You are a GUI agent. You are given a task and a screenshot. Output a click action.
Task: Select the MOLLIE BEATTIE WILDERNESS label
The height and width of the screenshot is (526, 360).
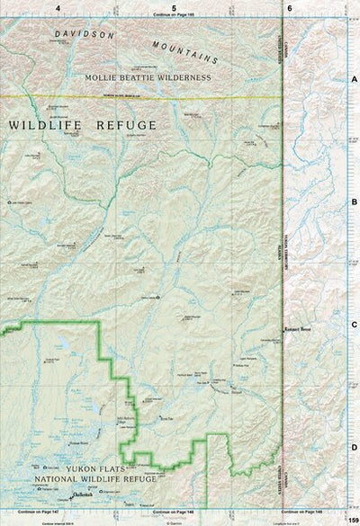[x=148, y=78]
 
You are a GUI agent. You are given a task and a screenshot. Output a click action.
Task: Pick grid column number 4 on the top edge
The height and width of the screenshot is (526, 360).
[x=58, y=7]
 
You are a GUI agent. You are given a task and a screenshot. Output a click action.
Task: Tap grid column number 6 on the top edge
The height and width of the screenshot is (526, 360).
[x=290, y=7]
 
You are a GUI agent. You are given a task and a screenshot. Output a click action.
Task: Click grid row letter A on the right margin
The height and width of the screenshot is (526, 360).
[x=354, y=79]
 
